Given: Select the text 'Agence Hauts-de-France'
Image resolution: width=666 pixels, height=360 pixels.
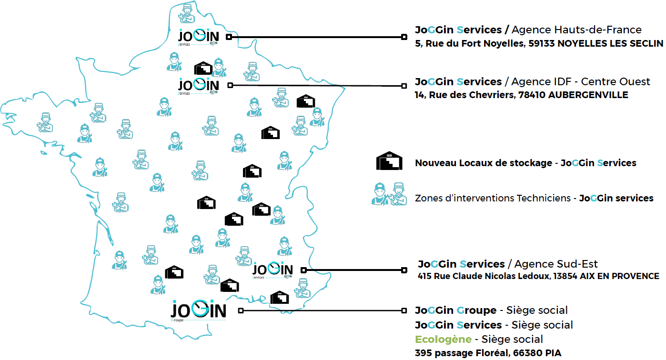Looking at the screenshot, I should (x=576, y=30).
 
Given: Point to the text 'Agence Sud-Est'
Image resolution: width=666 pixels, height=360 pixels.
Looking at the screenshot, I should (x=556, y=264).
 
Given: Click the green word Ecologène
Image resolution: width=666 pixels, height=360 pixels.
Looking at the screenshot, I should (x=443, y=339).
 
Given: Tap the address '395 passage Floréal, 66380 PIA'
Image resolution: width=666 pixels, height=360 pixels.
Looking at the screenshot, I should (x=488, y=353).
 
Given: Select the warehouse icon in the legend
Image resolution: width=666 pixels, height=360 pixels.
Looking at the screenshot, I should (x=390, y=161).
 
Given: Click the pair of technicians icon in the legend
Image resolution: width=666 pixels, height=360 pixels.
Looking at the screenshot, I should (x=390, y=194).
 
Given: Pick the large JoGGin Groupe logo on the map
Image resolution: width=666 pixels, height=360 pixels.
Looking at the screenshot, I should (x=198, y=310).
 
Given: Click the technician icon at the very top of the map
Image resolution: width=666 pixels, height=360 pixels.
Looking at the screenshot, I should (x=186, y=13).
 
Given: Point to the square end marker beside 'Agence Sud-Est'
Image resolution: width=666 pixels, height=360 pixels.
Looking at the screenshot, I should (x=404, y=270).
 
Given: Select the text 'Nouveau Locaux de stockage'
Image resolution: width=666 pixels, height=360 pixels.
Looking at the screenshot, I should (x=483, y=163).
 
